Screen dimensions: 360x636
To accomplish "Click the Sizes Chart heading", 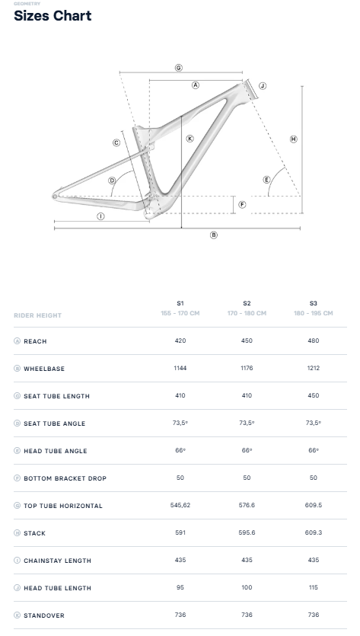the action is [x=53, y=16].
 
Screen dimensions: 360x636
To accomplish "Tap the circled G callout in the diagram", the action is [x=179, y=68].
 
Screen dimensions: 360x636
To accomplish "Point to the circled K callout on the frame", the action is [x=190, y=139].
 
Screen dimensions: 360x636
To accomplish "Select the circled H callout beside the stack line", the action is [x=294, y=139].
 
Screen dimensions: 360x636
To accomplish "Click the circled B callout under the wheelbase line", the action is [x=214, y=235].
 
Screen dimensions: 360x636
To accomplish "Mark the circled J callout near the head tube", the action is [x=263, y=85].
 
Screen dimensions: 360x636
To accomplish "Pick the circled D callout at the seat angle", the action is [x=112, y=181].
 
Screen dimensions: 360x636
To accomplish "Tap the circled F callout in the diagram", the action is [x=242, y=204].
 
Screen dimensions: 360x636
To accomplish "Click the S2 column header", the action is [x=247, y=303].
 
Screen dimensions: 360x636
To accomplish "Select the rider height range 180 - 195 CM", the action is [x=314, y=313].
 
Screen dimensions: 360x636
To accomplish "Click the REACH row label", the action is [x=35, y=341].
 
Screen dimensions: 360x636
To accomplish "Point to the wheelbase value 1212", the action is [x=314, y=369].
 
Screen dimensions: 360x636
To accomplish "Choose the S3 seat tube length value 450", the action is [x=314, y=395].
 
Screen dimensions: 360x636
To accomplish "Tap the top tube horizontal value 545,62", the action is [x=180, y=505].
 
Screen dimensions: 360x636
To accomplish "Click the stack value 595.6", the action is [x=247, y=532].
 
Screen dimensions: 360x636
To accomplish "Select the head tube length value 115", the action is [x=314, y=587].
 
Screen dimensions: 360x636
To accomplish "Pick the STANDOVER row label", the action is [x=44, y=615].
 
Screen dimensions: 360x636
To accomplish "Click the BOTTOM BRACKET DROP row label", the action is [x=65, y=478].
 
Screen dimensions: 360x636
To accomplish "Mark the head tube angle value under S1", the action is [x=180, y=450].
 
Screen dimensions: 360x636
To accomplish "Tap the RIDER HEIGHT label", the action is [x=38, y=315].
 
